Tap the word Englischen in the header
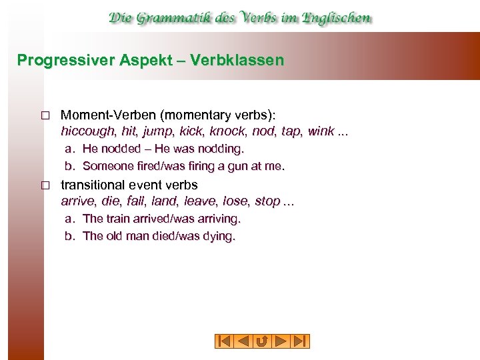click(x=336, y=18)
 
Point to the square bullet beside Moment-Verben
click(x=45, y=115)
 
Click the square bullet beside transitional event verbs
click(x=45, y=185)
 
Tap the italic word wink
click(x=321, y=131)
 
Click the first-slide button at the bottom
click(x=224, y=341)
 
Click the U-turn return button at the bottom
click(x=262, y=341)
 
